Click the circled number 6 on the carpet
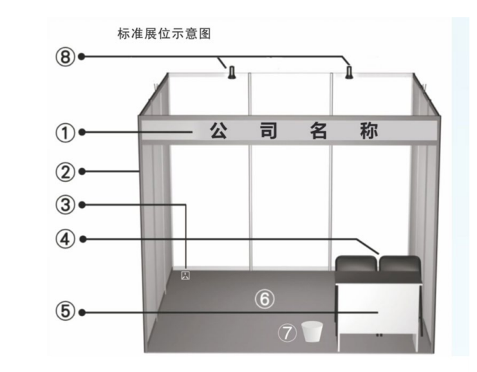(265, 299)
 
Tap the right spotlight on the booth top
(350, 71)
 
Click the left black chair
(356, 264)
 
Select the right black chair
(400, 264)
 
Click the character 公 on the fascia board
(221, 131)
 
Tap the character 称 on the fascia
(370, 131)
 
